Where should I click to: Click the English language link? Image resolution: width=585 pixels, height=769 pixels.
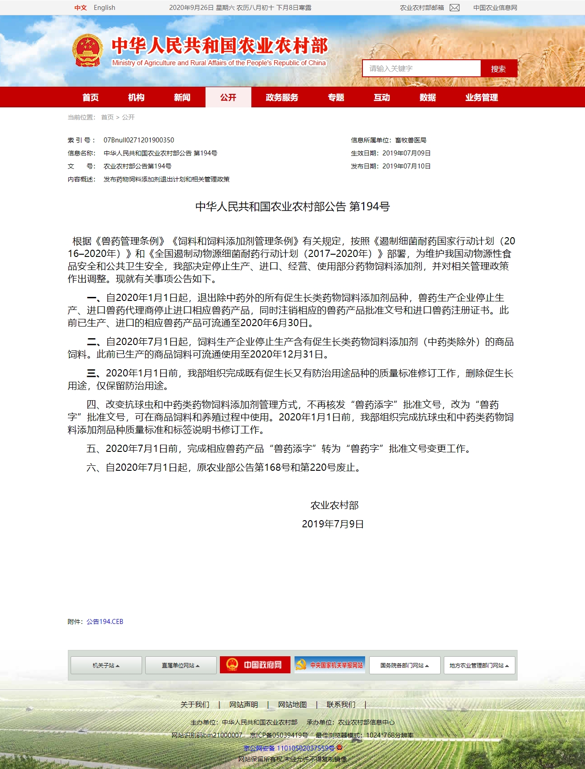(x=104, y=8)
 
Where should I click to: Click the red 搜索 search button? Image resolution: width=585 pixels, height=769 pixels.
(x=498, y=69)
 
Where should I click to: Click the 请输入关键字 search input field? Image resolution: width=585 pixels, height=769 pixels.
(x=421, y=69)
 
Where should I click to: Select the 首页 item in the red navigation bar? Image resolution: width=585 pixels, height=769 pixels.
(x=90, y=97)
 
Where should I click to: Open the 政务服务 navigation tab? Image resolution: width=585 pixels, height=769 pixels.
(x=282, y=97)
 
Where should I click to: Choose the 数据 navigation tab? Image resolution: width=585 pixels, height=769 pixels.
(x=428, y=97)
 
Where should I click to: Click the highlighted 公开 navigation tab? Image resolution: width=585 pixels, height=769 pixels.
(x=228, y=97)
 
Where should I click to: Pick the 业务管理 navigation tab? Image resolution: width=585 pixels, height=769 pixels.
(x=482, y=97)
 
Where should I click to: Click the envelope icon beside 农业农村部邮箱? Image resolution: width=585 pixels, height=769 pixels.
(x=455, y=8)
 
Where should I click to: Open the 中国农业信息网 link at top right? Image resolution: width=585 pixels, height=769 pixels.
(x=495, y=8)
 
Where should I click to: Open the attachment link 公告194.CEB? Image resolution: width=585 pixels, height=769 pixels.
(x=105, y=622)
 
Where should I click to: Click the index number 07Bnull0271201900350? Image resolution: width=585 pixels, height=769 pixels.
(x=138, y=140)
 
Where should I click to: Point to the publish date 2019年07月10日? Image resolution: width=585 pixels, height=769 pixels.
(x=406, y=166)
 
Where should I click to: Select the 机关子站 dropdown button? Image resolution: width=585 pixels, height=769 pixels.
(x=106, y=665)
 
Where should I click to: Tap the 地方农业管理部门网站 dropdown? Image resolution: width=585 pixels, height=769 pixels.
(x=479, y=665)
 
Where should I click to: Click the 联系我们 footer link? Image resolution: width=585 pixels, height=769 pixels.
(x=341, y=704)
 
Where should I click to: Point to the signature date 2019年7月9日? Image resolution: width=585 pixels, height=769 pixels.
(x=333, y=524)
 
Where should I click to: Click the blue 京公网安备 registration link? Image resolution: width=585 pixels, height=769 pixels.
(x=289, y=748)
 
